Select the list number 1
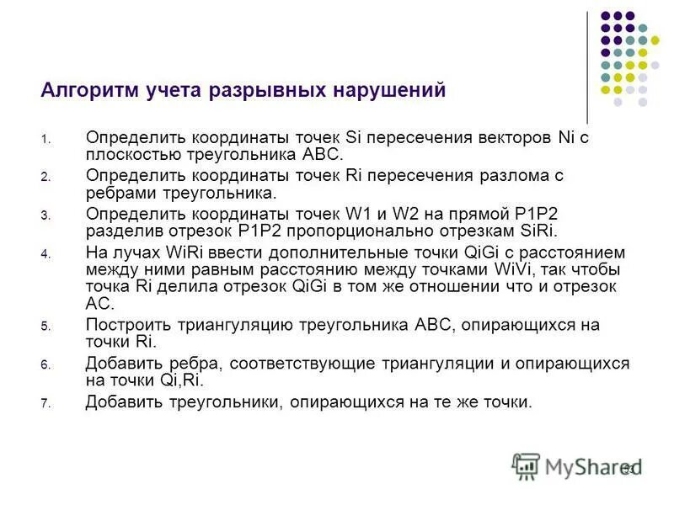46,141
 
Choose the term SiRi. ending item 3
535,231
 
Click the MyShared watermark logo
577,465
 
